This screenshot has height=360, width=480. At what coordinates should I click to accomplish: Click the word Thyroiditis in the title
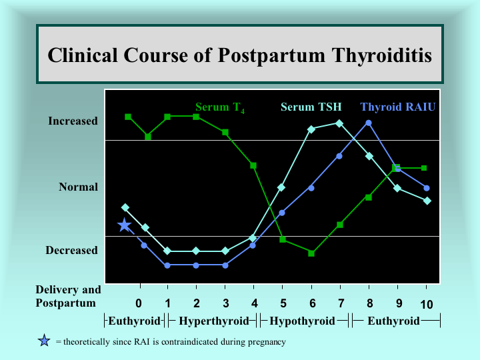pyautogui.click(x=382, y=55)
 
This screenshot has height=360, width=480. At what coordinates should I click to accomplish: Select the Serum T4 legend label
pyautogui.click(x=220, y=107)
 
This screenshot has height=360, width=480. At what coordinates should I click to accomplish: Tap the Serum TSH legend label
pyautogui.click(x=311, y=107)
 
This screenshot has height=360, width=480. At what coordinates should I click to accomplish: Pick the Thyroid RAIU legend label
pyautogui.click(x=397, y=107)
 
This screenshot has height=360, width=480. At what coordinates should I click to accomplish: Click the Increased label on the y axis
pyautogui.click(x=73, y=121)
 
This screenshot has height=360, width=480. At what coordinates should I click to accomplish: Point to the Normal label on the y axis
pyautogui.click(x=79, y=187)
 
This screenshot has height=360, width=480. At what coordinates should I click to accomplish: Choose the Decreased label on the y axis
pyautogui.click(x=71, y=250)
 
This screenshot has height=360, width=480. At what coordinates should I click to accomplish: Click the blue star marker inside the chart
pyautogui.click(x=124, y=225)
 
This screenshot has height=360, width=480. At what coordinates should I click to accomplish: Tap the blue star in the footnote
pyautogui.click(x=44, y=341)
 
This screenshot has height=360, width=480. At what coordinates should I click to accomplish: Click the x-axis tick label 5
pyautogui.click(x=283, y=303)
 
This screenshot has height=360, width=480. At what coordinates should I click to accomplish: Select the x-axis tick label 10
pyautogui.click(x=426, y=304)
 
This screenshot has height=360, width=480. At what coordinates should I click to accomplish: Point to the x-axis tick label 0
pyautogui.click(x=139, y=303)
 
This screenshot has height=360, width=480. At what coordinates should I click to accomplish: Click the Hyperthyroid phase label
pyautogui.click(x=214, y=321)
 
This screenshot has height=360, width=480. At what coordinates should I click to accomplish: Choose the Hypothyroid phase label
pyautogui.click(x=302, y=321)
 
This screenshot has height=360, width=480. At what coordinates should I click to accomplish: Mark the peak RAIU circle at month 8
pyautogui.click(x=369, y=123)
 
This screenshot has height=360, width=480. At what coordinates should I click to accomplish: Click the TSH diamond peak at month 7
pyautogui.click(x=339, y=123)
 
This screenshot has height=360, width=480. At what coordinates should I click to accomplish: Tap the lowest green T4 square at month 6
pyautogui.click(x=311, y=253)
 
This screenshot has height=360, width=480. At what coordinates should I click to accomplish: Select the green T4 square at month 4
pyautogui.click(x=253, y=165)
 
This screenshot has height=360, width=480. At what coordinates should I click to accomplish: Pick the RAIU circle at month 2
pyautogui.click(x=196, y=265)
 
